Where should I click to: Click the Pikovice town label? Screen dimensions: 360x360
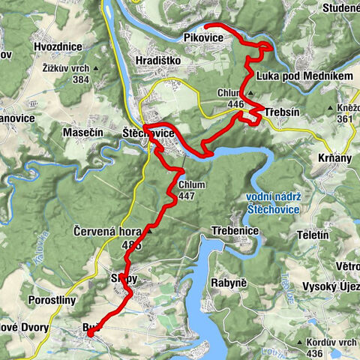[x=203, y=38]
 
